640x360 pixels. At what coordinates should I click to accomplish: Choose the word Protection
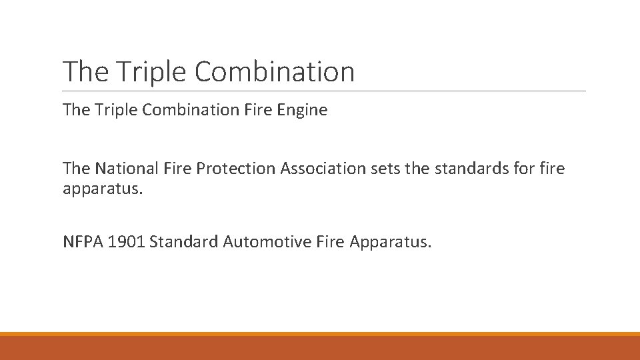click(x=237, y=169)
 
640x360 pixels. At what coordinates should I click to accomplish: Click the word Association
click(x=323, y=169)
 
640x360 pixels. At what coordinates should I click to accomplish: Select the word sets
click(x=384, y=169)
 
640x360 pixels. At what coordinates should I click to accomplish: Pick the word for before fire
click(x=522, y=169)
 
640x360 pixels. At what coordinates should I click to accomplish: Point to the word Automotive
click(x=260, y=241)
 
